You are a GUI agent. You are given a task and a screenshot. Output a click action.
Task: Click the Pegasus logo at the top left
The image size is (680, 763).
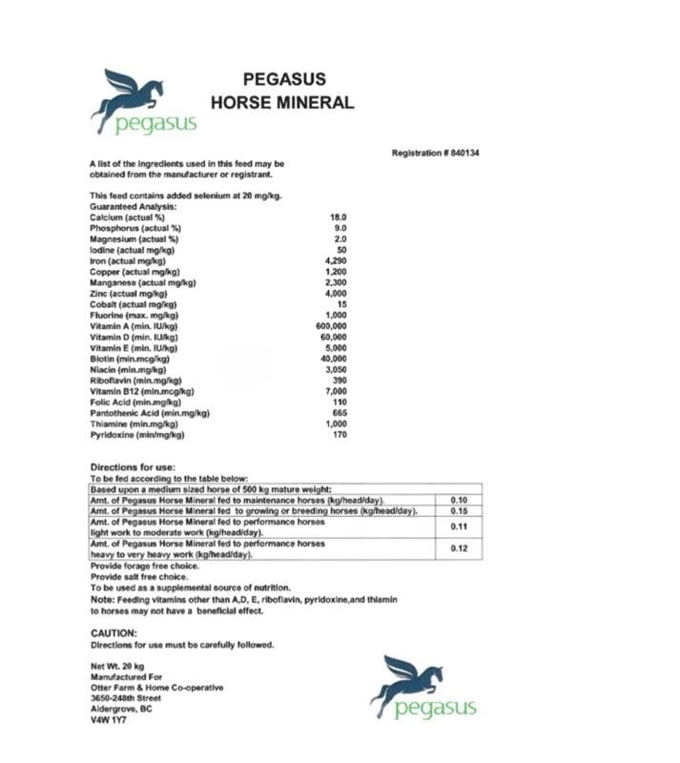(143, 102)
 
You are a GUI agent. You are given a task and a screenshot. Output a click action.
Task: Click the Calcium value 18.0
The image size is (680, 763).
(338, 217)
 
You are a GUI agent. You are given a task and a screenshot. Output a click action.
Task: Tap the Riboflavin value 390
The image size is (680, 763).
(338, 380)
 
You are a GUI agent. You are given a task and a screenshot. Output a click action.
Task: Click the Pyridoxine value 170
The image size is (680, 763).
(338, 435)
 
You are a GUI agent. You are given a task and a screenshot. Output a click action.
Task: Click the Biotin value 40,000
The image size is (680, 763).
(333, 359)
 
